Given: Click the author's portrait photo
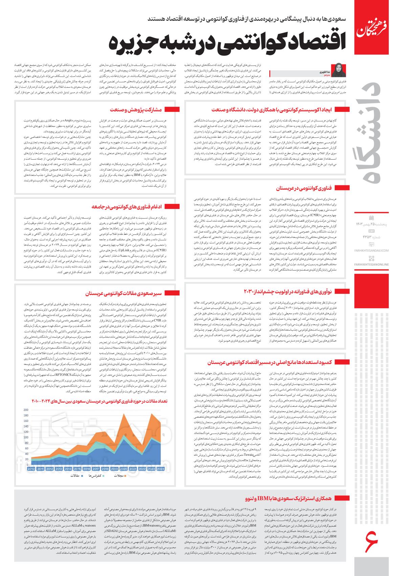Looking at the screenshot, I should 338,70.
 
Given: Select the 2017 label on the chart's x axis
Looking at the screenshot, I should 96,469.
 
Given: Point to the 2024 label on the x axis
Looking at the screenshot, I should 160,469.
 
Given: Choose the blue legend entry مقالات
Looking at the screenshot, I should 75,476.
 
